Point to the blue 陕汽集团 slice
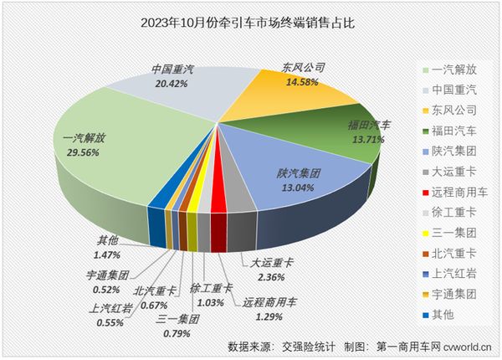(293, 180)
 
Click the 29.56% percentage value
(79, 151)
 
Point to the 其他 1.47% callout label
(105, 254)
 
